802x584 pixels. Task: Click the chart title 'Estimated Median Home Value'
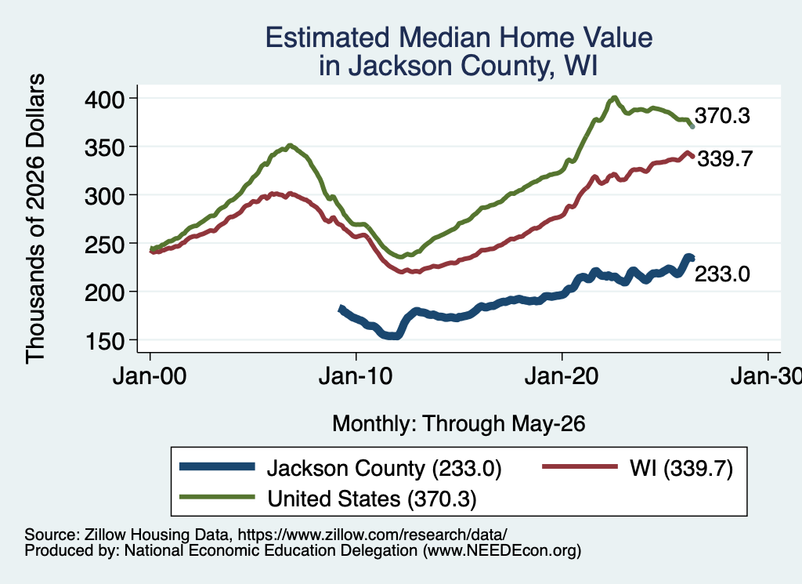pyautogui.click(x=459, y=38)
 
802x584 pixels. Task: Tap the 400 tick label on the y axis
pyautogui.click(x=104, y=99)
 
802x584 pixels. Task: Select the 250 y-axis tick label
pyautogui.click(x=104, y=244)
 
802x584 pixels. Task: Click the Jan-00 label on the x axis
pyautogui.click(x=150, y=376)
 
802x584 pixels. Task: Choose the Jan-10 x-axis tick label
pyautogui.click(x=356, y=376)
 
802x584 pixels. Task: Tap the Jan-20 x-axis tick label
pyautogui.click(x=562, y=376)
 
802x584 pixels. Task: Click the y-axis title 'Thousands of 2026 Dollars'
pyautogui.click(x=35, y=219)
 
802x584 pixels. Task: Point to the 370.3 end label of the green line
pyautogui.click(x=722, y=116)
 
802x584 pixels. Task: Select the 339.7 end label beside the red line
pyautogui.click(x=725, y=158)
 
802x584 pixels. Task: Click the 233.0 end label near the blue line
pyautogui.click(x=722, y=274)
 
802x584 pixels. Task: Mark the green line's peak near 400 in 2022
pyautogui.click(x=614, y=97)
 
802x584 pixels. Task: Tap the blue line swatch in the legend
pyautogui.click(x=218, y=466)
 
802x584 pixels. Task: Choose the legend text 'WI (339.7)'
pyautogui.click(x=681, y=468)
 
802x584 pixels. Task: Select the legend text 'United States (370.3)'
pyautogui.click(x=372, y=499)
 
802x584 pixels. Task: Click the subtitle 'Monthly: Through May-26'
pyautogui.click(x=459, y=424)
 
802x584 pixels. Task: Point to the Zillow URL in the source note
pyautogui.click(x=372, y=535)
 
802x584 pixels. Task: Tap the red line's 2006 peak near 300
pyautogui.click(x=275, y=194)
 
